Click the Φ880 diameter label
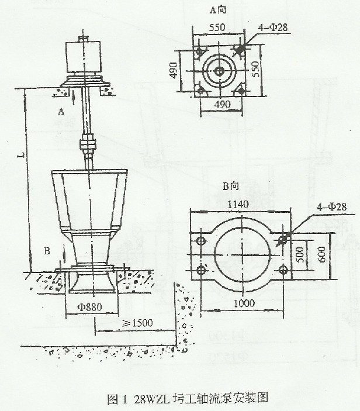click(91, 306)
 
